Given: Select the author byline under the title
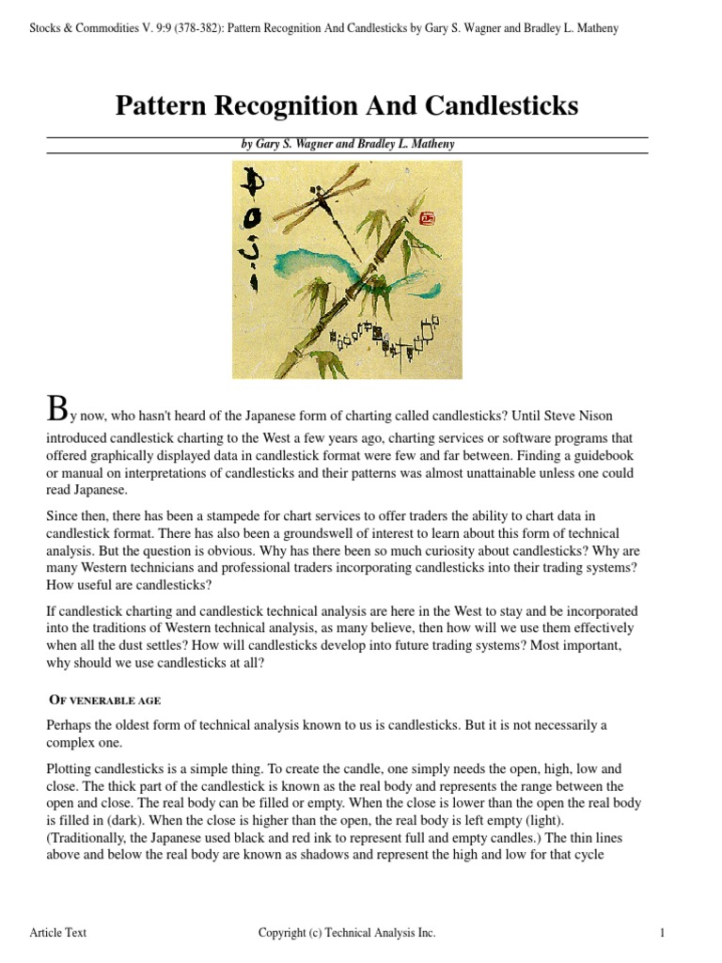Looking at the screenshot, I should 347,145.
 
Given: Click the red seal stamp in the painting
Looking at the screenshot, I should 429,218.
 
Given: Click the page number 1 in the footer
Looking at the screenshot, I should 663,933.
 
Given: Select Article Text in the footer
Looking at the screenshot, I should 58,933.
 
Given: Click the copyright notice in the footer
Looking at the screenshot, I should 347,933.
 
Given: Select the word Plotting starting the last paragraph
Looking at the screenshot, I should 70,769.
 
